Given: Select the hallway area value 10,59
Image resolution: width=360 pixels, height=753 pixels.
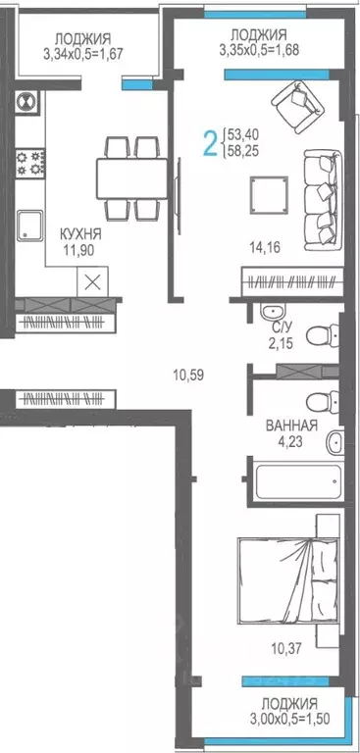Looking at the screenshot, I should pos(185,373).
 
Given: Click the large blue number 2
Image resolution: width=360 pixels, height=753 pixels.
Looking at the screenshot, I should pos(209,143).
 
